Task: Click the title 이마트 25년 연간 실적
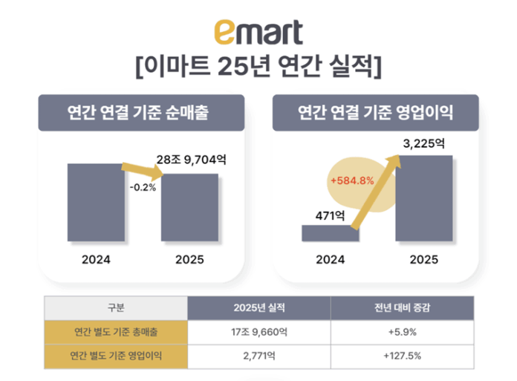[258, 68]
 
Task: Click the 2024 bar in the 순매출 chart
[95, 202]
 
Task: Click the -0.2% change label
[142, 187]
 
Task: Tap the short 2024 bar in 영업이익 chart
[330, 232]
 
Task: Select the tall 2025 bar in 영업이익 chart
[423, 198]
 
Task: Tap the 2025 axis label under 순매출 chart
[189, 261]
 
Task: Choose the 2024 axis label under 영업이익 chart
[330, 261]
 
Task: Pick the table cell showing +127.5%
[401, 355]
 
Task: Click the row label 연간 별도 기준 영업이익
[115, 355]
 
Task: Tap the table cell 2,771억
[258, 355]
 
